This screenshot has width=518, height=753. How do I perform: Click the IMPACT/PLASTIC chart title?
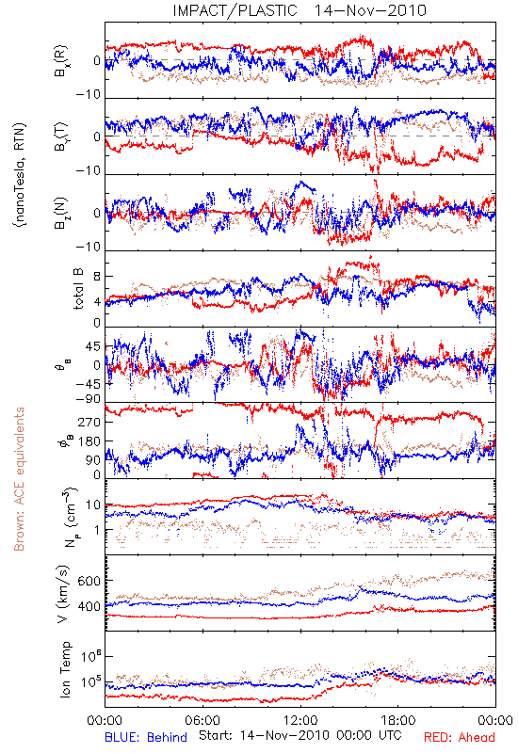point(235,10)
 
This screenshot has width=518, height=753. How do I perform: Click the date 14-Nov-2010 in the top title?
point(370,10)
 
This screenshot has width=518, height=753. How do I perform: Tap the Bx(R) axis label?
point(61,60)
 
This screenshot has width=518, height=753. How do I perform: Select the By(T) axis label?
point(61,136)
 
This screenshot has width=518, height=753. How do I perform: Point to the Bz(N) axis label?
point(61,213)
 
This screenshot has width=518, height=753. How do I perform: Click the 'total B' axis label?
point(78,289)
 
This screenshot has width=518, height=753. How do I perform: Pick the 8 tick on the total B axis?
point(97,277)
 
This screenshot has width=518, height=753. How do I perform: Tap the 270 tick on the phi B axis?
point(89,422)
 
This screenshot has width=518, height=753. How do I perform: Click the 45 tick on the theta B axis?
point(92,346)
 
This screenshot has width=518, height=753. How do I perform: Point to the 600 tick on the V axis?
point(89,581)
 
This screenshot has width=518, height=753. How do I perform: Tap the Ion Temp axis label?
point(65,669)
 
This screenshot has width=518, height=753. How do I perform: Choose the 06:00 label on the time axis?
point(202,720)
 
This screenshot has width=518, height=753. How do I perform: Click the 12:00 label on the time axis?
point(300,720)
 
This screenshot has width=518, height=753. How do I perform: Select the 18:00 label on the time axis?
point(398,720)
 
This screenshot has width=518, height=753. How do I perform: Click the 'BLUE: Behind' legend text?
point(146,737)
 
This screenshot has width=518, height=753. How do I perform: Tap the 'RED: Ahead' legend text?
point(459,737)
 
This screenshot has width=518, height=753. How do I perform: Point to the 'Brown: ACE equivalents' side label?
point(19,479)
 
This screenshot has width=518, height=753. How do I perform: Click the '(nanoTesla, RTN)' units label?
point(21,175)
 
